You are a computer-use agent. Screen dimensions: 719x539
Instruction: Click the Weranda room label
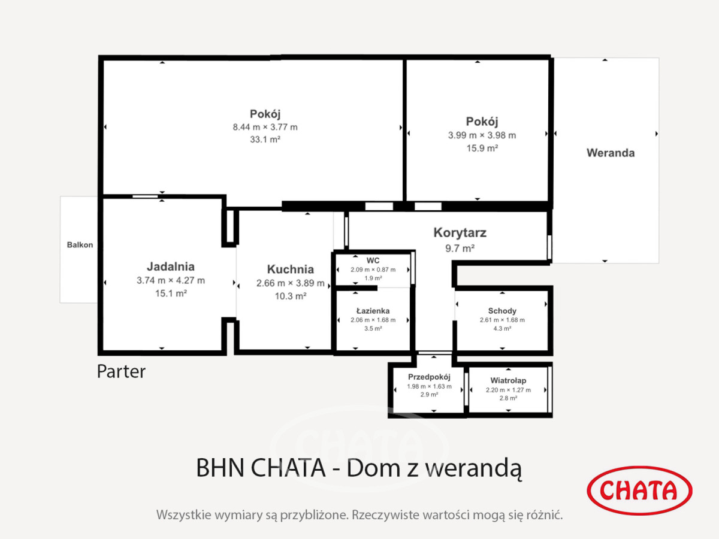(611, 153)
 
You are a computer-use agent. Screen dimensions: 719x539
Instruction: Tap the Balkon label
(80, 245)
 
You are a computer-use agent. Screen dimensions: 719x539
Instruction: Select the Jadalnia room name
(171, 267)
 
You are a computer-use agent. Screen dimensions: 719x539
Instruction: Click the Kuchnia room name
(291, 269)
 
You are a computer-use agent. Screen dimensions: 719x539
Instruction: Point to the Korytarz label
(460, 233)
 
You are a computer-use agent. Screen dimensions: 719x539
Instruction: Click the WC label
(373, 261)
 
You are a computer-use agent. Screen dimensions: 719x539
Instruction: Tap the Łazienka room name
(373, 311)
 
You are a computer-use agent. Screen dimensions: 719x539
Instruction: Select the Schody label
(502, 311)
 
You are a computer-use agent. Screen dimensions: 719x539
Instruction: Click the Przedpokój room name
(429, 377)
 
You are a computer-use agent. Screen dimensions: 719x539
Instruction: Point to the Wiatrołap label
(508, 381)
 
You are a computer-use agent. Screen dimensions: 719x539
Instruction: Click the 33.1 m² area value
(265, 140)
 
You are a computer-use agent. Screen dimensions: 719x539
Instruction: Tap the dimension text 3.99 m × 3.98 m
(482, 135)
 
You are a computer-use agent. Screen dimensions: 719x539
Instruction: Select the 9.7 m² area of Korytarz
(460, 249)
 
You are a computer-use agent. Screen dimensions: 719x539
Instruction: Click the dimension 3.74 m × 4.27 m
(171, 280)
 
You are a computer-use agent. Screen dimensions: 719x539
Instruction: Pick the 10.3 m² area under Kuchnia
(291, 296)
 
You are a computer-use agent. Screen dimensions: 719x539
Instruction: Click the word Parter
(121, 372)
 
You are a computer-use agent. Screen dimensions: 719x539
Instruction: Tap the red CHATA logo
(639, 490)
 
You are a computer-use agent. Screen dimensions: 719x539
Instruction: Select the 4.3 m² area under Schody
(502, 328)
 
